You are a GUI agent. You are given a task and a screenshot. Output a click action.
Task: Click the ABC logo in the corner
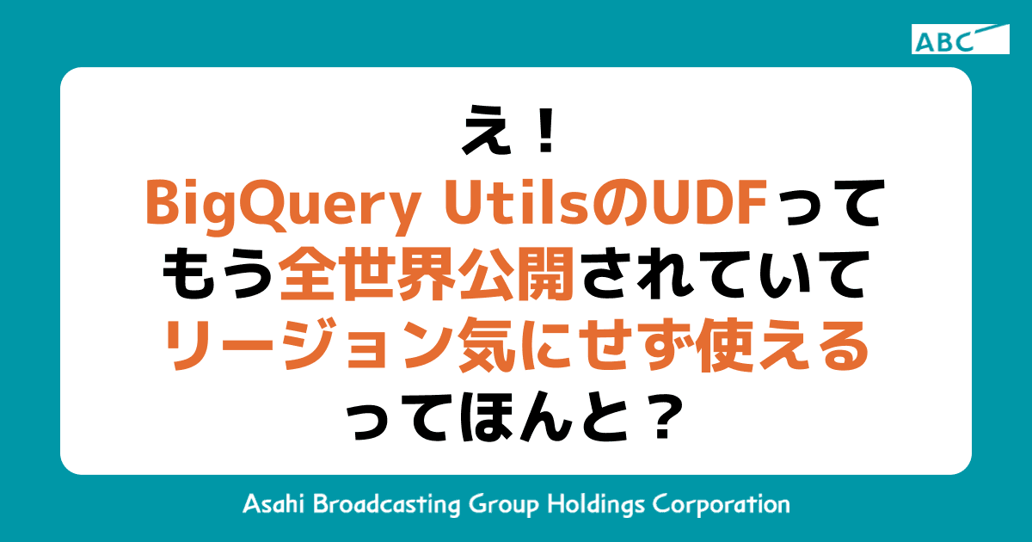point(960,40)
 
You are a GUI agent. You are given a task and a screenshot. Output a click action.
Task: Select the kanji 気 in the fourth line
point(489,349)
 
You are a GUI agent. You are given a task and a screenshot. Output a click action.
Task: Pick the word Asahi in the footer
point(272,504)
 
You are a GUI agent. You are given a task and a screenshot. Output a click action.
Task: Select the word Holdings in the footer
point(600,504)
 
